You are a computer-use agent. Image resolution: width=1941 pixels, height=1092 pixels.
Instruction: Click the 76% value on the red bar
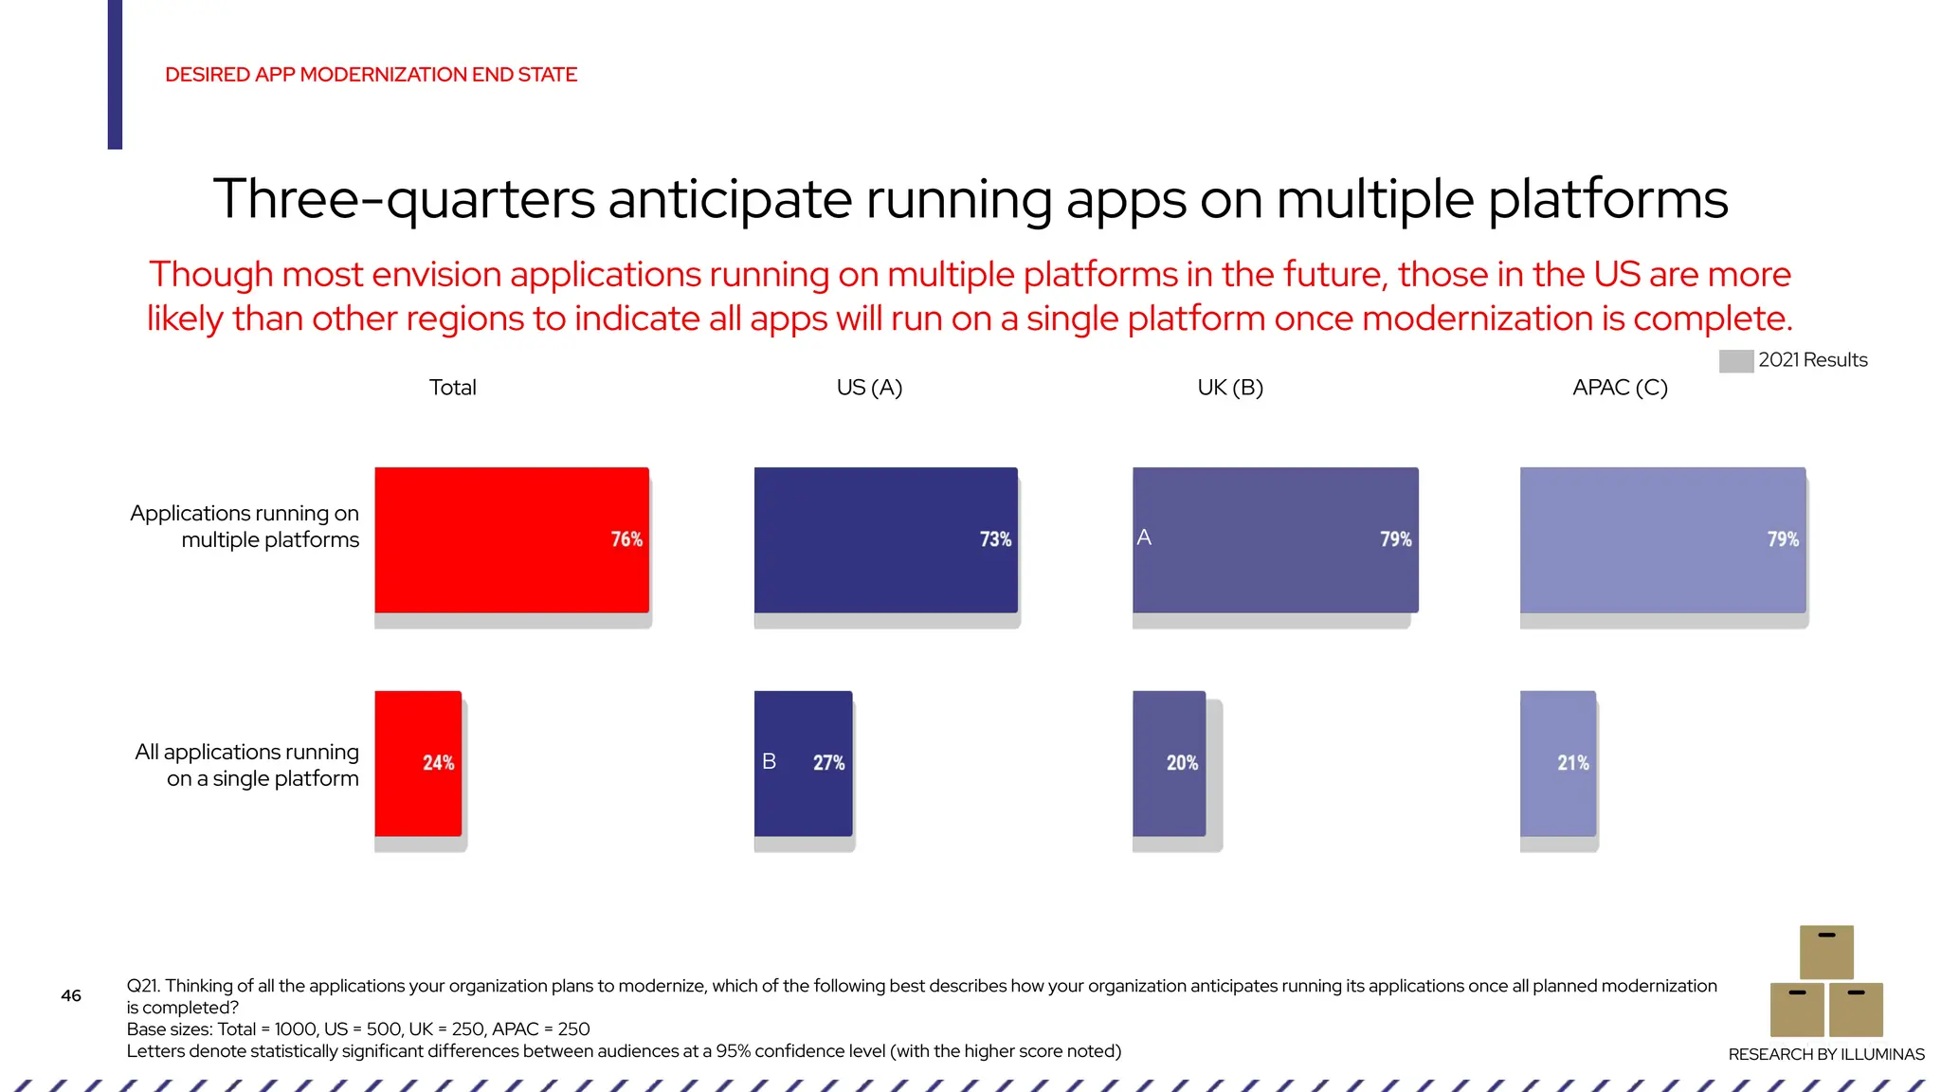click(x=626, y=539)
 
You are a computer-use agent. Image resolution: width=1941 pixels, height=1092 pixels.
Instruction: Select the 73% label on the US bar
click(x=995, y=539)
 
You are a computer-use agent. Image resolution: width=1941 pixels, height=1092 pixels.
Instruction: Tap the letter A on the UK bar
click(x=1144, y=537)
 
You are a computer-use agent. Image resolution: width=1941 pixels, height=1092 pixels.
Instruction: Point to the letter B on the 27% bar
click(x=769, y=761)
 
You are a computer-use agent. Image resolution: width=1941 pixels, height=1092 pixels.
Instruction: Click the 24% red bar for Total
click(x=418, y=763)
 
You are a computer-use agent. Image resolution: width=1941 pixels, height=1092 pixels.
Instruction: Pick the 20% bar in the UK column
click(x=1169, y=763)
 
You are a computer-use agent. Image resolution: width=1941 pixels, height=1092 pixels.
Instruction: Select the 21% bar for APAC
click(x=1557, y=763)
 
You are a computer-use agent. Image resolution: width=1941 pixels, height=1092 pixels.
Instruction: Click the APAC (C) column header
click(x=1620, y=388)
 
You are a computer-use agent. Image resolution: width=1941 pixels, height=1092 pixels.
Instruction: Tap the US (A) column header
click(x=869, y=388)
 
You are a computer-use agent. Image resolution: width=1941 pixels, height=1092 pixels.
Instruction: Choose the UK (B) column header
click(x=1230, y=388)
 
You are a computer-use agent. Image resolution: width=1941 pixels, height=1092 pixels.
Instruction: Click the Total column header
click(x=452, y=388)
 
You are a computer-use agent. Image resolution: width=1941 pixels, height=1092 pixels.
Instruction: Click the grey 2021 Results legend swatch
click(x=1735, y=361)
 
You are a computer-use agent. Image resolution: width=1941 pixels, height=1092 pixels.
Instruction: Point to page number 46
click(x=71, y=995)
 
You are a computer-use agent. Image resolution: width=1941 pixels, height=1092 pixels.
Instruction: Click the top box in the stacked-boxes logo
click(x=1826, y=952)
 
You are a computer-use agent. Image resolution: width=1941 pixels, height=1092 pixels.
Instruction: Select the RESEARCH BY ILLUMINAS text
click(x=1825, y=1054)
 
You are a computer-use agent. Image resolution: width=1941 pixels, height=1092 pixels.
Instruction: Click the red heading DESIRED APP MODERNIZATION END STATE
click(x=371, y=75)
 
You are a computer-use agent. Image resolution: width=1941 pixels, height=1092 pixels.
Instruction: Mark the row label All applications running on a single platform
click(x=247, y=765)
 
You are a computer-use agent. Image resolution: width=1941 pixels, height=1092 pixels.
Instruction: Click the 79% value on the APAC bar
click(x=1782, y=539)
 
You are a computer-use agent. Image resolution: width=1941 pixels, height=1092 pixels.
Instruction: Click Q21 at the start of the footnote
click(x=143, y=986)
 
